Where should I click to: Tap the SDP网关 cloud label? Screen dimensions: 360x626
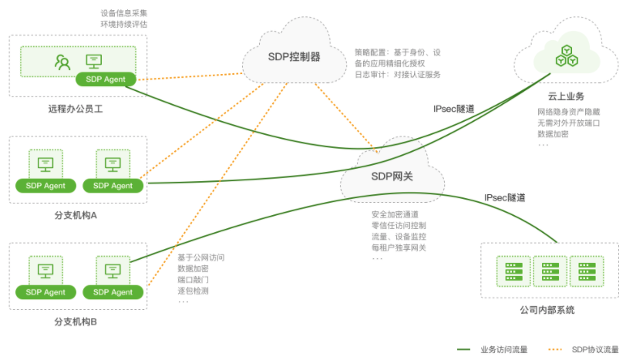coord(392,176)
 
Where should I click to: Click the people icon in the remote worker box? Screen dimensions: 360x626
coord(62,61)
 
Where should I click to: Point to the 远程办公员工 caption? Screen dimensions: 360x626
coord(76,109)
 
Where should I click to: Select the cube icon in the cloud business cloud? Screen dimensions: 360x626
coord(567,55)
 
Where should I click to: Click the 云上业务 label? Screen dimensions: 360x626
coord(566,96)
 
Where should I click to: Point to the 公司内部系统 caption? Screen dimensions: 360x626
coord(547,310)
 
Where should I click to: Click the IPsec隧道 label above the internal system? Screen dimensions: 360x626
coord(505,198)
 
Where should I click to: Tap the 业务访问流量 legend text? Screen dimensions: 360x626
coord(503,349)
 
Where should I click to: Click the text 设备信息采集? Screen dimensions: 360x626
coord(123,13)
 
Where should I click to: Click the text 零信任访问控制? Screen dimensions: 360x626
coord(399,225)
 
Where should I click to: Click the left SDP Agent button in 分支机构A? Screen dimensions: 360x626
coord(45,185)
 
